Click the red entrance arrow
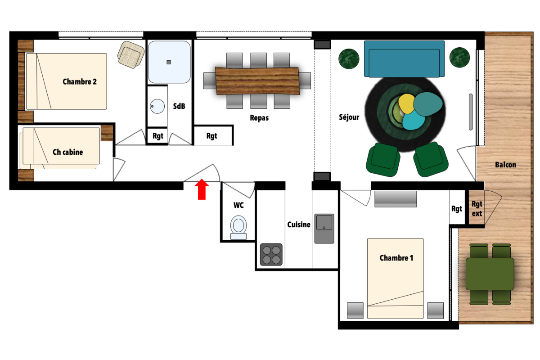pyautogui.click(x=202, y=189)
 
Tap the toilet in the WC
pyautogui.click(x=238, y=228)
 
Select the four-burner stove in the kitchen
pyautogui.click(x=271, y=254)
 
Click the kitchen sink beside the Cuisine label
pyautogui.click(x=324, y=228)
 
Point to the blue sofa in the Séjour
pyautogui.click(x=404, y=59)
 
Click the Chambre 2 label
pyautogui.click(x=80, y=82)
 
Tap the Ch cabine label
pyautogui.click(x=68, y=152)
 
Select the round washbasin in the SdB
pyautogui.click(x=157, y=106)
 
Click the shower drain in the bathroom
pyautogui.click(x=169, y=62)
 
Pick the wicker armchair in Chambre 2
pyautogui.click(x=131, y=54)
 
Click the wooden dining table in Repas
pyautogui.click(x=257, y=81)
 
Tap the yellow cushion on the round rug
pyautogui.click(x=406, y=103)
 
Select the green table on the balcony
pyautogui.click(x=490, y=274)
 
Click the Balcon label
pyautogui.click(x=505, y=165)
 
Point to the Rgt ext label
pyautogui.click(x=477, y=209)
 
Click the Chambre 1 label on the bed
pyautogui.click(x=396, y=258)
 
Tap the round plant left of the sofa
pyautogui.click(x=349, y=58)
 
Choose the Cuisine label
pyautogui.click(x=299, y=225)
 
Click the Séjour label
pyautogui.click(x=349, y=117)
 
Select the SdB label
pyautogui.click(x=179, y=106)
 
